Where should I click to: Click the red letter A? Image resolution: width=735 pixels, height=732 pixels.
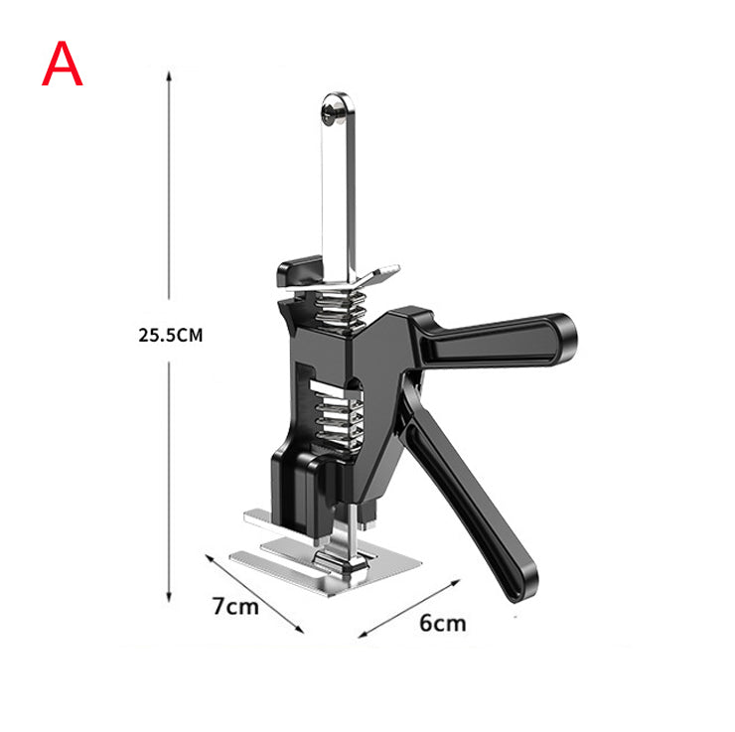(63, 64)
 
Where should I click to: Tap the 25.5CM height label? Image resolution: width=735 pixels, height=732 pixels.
(171, 336)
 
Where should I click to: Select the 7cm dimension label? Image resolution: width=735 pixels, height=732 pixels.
(235, 606)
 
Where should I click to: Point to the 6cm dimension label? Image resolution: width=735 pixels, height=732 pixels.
(443, 623)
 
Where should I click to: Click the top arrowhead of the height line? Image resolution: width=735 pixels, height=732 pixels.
(169, 74)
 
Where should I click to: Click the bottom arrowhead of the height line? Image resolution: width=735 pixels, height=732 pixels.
(169, 597)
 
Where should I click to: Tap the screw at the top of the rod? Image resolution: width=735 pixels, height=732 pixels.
(332, 114)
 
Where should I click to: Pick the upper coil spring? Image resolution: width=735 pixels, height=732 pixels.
(341, 309)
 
